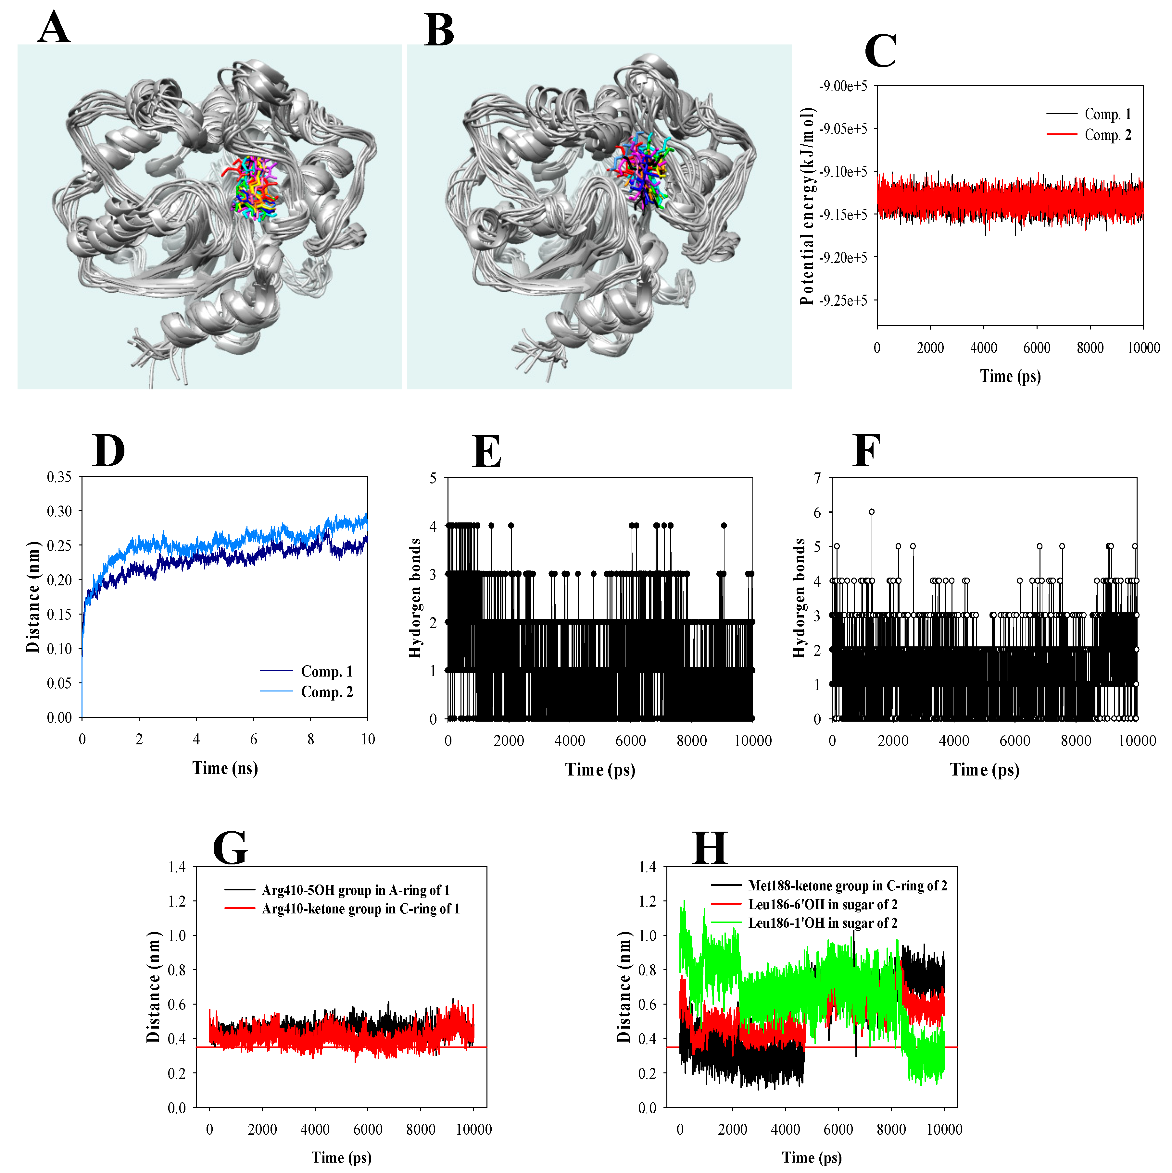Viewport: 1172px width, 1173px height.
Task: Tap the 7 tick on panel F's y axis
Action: pyautogui.click(x=818, y=478)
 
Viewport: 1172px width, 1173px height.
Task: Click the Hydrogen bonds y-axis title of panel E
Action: pyautogui.click(x=415, y=598)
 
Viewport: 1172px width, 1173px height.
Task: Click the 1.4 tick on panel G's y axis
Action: pyautogui.click(x=177, y=867)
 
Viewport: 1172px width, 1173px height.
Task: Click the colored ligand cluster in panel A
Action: pyautogui.click(x=252, y=188)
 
